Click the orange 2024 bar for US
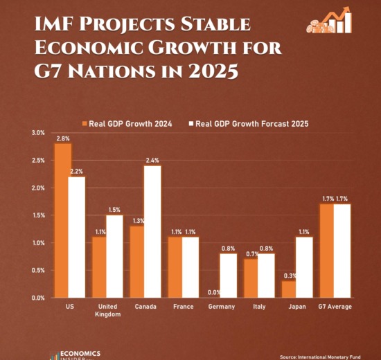pyautogui.click(x=63, y=221)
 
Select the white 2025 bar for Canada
pyautogui.click(x=152, y=232)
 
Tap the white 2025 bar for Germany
pyautogui.click(x=229, y=276)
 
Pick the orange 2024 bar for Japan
pyautogui.click(x=289, y=289)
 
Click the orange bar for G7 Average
pyautogui.click(x=327, y=251)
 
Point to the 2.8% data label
pyautogui.click(x=63, y=138)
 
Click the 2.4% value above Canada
pyautogui.click(x=152, y=161)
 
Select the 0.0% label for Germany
pyautogui.click(x=214, y=292)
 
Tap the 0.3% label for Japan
pyautogui.click(x=290, y=276)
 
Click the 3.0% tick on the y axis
pyautogui.click(x=38, y=133)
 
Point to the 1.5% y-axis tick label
pyautogui.click(x=38, y=215)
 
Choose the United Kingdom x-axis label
pyautogui.click(x=107, y=310)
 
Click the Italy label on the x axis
pyautogui.click(x=259, y=307)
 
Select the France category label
pyautogui.click(x=184, y=307)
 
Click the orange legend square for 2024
pyautogui.click(x=85, y=124)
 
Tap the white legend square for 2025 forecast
pyautogui.click(x=191, y=124)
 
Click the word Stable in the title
pyautogui.click(x=215, y=24)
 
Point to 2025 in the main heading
pyautogui.click(x=213, y=71)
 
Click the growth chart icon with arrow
pyautogui.click(x=329, y=20)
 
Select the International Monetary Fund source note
pyautogui.click(x=320, y=357)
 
